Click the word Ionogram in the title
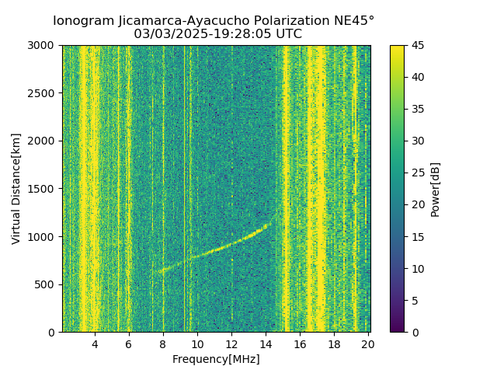pos(82,20)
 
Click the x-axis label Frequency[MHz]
pos(216,359)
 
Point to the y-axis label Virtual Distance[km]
pos(16,189)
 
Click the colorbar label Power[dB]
pos(436,189)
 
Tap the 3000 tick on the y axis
pos(43,45)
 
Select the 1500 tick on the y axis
pos(43,189)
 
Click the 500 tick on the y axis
pos(47,284)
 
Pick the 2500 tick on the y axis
pos(43,93)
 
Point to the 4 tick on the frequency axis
pos(95,344)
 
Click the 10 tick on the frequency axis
pos(197,344)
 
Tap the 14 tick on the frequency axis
pos(266,344)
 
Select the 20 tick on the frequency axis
pos(368,344)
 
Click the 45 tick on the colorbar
pos(419,45)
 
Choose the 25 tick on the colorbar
pos(419,173)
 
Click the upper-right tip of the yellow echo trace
pos(266,225)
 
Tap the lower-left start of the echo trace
pos(155,272)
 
